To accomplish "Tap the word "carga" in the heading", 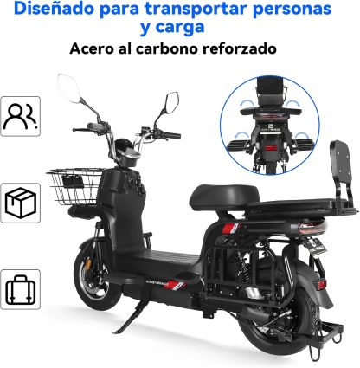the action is (x=180, y=27).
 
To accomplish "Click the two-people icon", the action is (x=20, y=116).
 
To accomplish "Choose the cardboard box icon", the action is (x=21, y=203).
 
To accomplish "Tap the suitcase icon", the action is (x=20, y=290).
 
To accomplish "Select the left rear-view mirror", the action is (x=68, y=88).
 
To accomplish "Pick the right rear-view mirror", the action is (x=172, y=102).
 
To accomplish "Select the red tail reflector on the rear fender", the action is (x=321, y=284).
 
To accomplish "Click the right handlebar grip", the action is (x=173, y=135).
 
